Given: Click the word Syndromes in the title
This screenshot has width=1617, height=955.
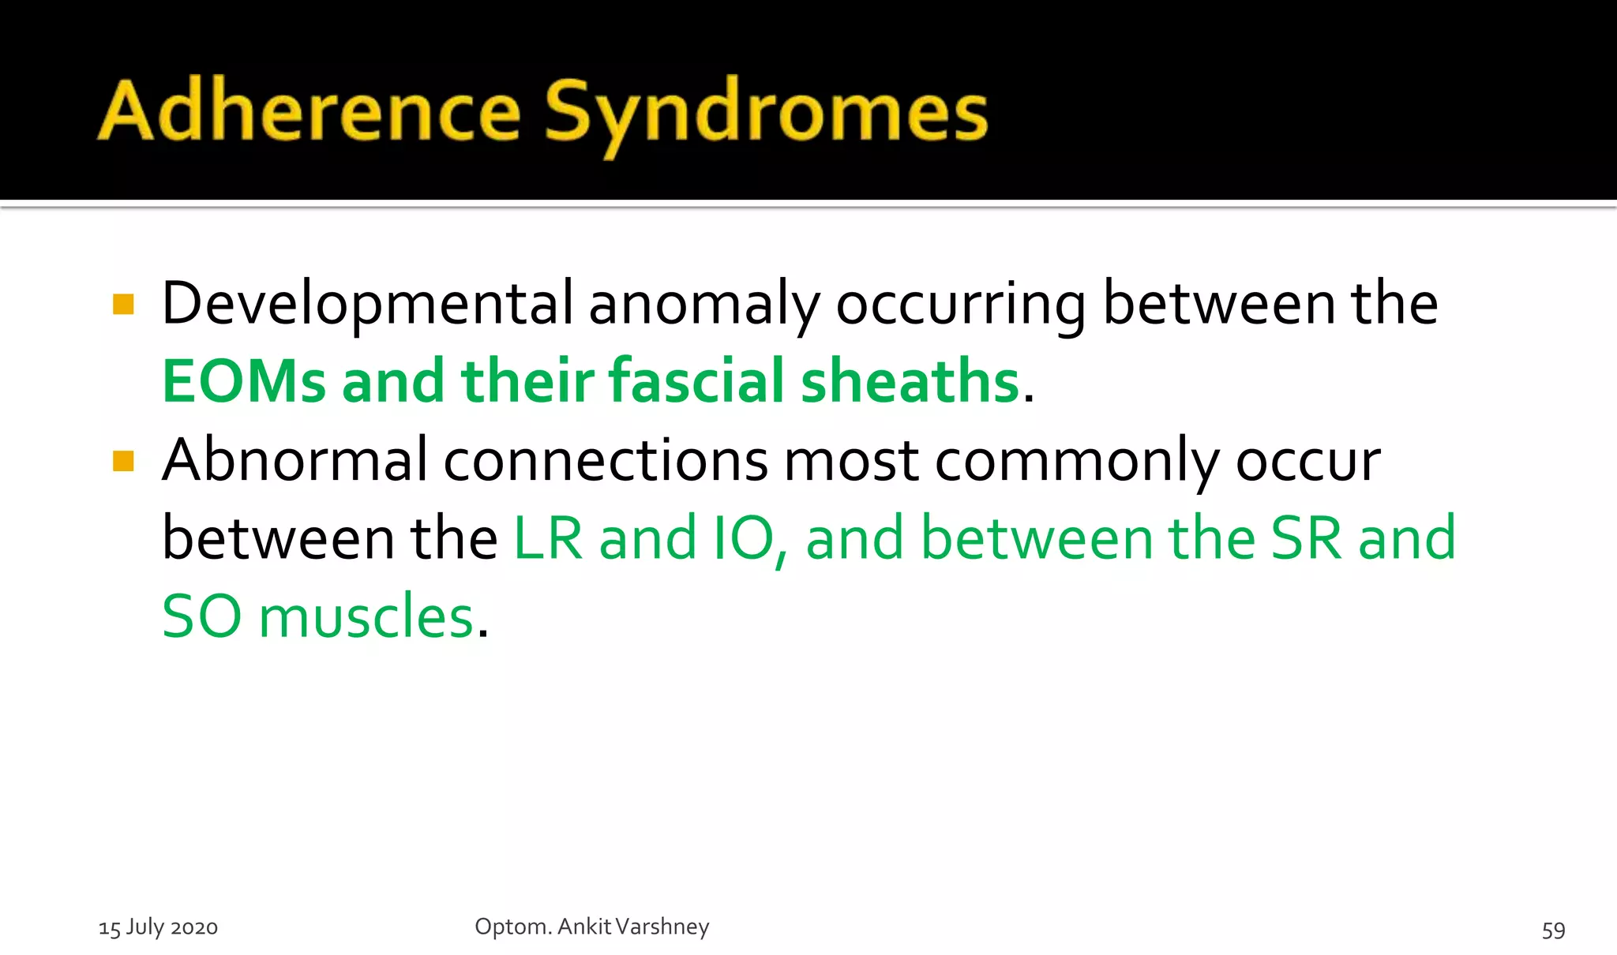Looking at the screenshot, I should (766, 114).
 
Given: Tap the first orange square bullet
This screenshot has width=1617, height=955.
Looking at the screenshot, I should (123, 305).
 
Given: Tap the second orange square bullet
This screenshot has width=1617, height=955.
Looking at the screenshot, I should (123, 461).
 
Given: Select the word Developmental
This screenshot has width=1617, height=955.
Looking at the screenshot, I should (368, 305).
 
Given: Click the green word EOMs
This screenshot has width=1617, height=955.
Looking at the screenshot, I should (243, 382).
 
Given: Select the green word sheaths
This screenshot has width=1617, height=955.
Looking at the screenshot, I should (910, 382).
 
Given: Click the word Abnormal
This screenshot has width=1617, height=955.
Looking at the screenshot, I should (295, 460).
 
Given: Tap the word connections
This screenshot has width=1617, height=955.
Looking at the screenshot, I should (605, 461).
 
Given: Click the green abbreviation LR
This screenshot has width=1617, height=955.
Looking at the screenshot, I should (549, 538).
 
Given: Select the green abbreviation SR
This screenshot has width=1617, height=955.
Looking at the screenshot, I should (1305, 538).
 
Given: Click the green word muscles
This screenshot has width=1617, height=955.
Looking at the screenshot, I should (366, 616).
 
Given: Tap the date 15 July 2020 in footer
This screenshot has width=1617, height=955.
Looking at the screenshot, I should (158, 927).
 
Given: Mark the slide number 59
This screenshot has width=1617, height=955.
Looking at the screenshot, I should (1553, 931).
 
